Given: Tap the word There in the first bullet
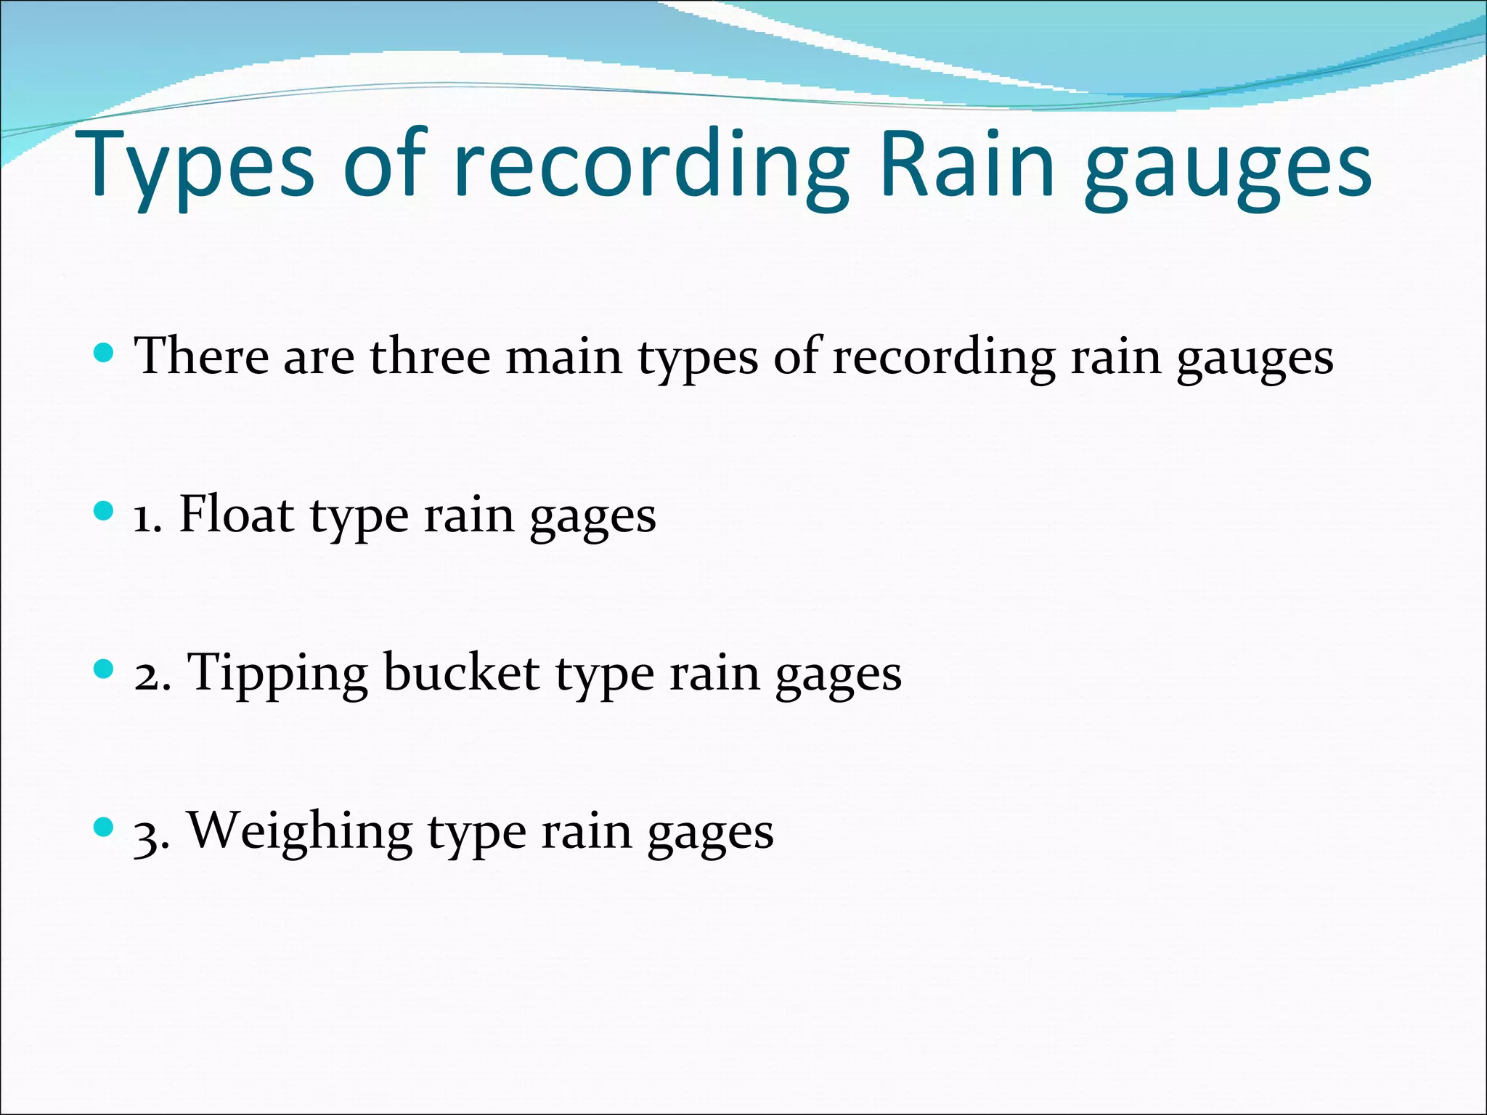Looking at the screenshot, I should point(202,356).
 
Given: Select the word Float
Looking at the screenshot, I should point(236,515).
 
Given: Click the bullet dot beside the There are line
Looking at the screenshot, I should point(105,354).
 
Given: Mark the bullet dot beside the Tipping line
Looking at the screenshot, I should point(105,669).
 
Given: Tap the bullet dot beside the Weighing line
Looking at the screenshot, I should point(105,826).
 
